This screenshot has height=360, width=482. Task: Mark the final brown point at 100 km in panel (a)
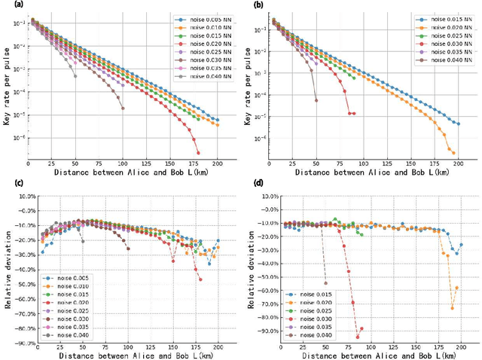pos(123,108)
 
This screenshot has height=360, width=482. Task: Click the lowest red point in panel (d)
pos(358,337)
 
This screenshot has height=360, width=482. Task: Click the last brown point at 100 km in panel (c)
pos(128,248)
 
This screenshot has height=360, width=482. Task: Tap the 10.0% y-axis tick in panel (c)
pos(25,196)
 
